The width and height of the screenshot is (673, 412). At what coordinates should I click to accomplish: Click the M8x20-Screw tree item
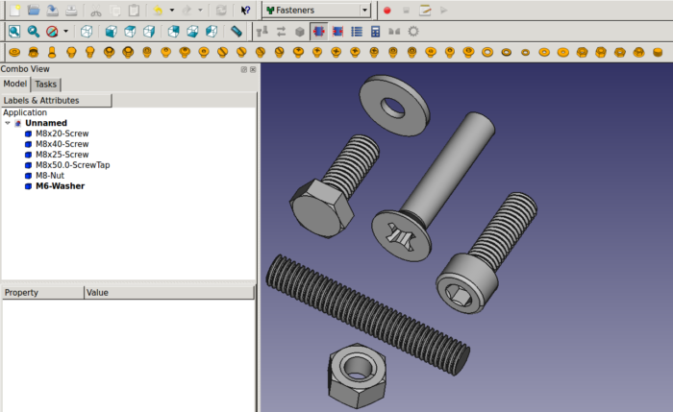[62, 133]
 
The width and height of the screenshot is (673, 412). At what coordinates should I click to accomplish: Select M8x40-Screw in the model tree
[62, 143]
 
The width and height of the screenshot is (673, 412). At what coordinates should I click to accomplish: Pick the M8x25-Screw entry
[62, 154]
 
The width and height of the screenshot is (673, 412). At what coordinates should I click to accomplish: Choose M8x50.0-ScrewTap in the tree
[72, 164]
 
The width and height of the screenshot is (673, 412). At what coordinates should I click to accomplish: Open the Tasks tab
[46, 85]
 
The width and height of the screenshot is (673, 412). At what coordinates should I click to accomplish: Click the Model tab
[15, 85]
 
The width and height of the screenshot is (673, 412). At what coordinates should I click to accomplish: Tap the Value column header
[97, 292]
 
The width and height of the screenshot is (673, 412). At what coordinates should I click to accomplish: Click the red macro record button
[386, 10]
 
